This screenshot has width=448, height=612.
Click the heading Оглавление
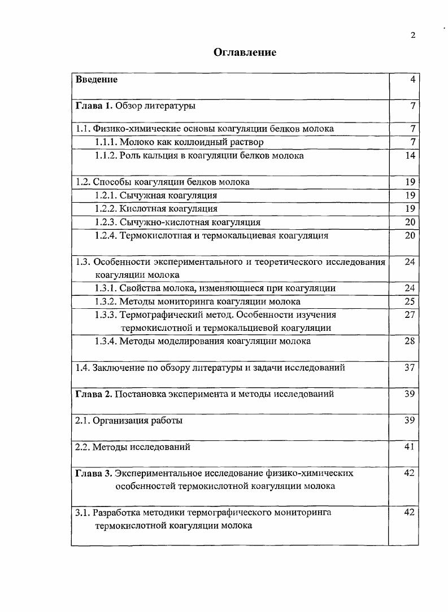245,53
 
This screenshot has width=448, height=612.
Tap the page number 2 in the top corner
413,35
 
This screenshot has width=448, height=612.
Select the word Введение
97,80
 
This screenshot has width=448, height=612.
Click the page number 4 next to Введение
413,80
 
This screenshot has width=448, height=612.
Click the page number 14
411,155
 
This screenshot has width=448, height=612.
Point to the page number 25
410,301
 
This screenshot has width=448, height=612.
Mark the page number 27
410,315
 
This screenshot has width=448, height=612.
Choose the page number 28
410,341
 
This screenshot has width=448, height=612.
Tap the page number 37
410,368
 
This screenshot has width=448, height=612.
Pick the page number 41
410,447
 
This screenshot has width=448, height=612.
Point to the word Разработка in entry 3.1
116,513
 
